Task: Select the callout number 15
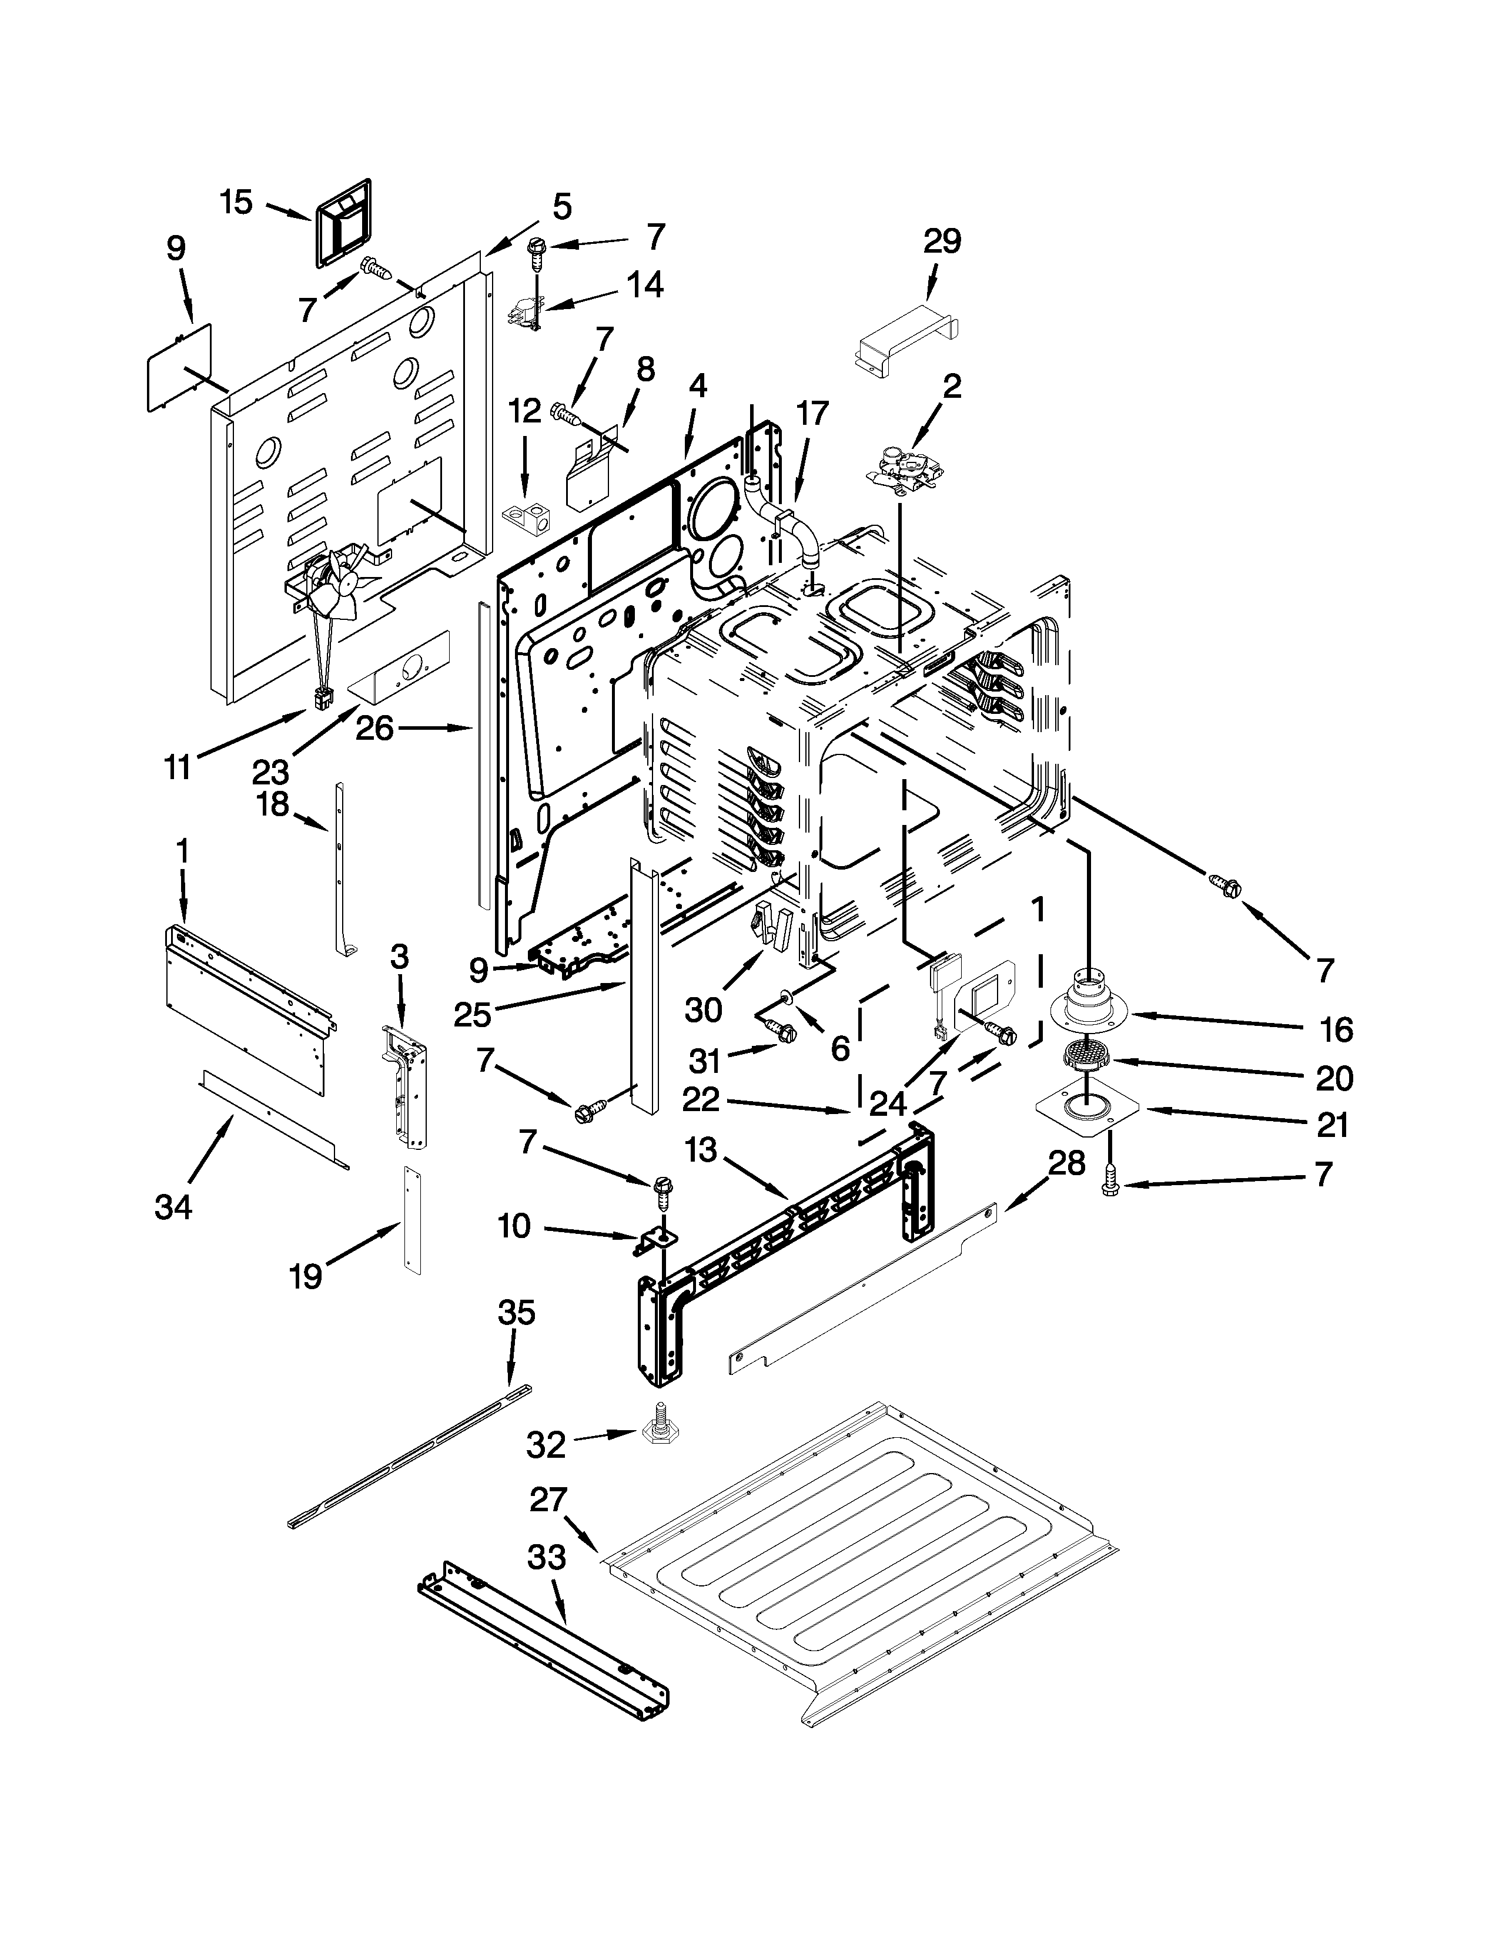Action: pos(236,203)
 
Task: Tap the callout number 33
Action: pos(546,1556)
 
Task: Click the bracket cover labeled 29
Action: pos(906,340)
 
